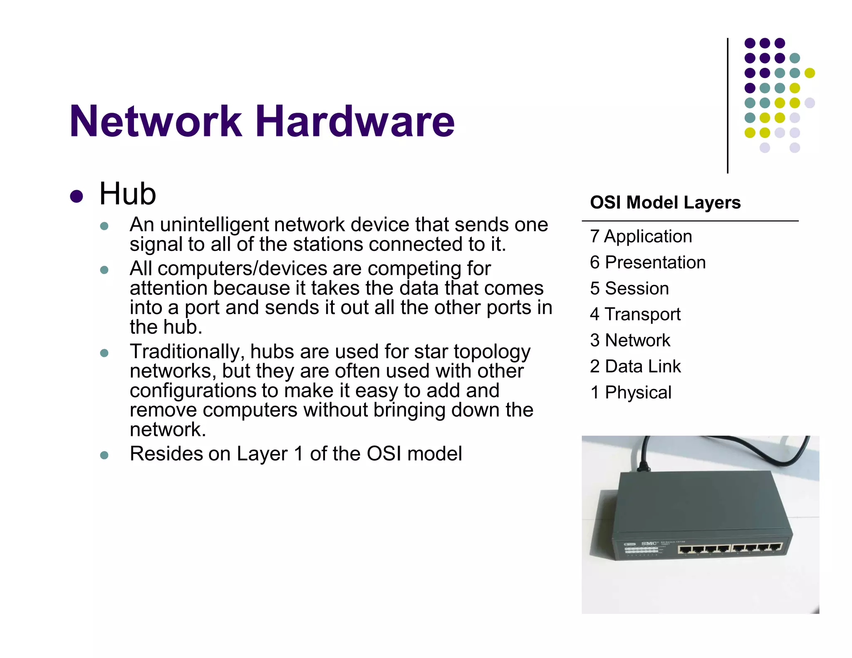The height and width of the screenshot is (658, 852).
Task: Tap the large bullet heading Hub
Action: (127, 194)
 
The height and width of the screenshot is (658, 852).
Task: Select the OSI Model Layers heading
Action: (665, 203)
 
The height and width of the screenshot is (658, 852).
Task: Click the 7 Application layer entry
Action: (641, 236)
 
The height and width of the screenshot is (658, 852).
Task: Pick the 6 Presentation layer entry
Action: (647, 262)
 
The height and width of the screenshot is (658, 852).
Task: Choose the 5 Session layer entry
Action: (629, 288)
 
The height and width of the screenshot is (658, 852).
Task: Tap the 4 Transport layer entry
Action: (635, 314)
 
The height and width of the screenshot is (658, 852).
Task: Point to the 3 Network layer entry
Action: (630, 340)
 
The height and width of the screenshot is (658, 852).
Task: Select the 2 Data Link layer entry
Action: (635, 366)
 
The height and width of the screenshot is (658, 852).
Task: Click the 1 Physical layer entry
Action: (630, 393)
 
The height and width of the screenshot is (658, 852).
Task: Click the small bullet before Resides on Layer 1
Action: (104, 455)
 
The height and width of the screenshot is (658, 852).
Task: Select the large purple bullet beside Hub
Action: (77, 196)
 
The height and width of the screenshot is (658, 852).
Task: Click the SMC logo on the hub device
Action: (649, 544)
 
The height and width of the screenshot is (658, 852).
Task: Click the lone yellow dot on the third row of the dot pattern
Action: (810, 73)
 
